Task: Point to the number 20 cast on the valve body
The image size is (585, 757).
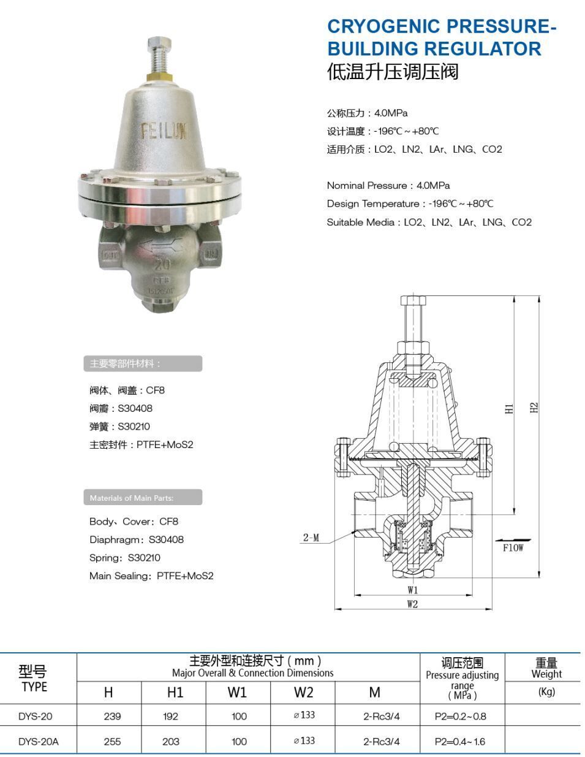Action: [162, 265]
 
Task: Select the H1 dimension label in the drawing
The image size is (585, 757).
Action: [509, 408]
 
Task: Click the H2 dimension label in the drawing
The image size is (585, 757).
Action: [534, 408]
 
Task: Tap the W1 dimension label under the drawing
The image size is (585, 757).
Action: [413, 590]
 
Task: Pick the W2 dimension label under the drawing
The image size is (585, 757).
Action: [413, 604]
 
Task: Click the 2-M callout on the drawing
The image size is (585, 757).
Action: [311, 538]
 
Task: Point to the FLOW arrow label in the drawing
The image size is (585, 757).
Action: [513, 547]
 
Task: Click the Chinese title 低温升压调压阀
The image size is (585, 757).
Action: [393, 72]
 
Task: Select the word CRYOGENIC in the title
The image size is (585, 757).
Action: [383, 26]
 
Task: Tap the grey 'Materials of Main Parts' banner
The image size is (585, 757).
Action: [142, 498]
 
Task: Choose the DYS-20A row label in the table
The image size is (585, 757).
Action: [39, 741]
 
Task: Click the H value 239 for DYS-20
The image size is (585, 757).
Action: [112, 716]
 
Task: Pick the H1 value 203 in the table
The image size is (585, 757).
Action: [171, 741]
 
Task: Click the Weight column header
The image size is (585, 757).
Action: [546, 668]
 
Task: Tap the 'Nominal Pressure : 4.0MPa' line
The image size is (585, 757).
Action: [388, 185]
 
